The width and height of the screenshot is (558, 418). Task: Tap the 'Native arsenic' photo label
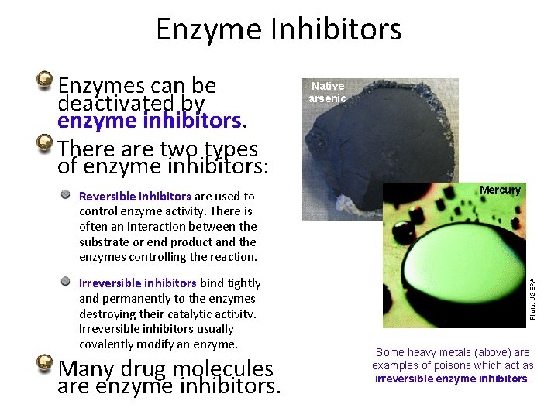click(x=327, y=92)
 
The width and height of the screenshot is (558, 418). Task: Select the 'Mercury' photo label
click(x=500, y=190)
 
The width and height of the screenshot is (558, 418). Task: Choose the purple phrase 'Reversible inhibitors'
click(x=135, y=197)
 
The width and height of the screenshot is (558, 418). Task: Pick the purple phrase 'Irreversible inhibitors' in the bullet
click(x=138, y=283)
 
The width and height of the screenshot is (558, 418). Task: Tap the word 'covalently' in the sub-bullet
click(x=107, y=344)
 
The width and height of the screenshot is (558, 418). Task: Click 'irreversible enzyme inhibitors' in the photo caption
click(x=452, y=379)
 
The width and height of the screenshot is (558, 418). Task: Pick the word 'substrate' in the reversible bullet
click(x=104, y=242)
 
